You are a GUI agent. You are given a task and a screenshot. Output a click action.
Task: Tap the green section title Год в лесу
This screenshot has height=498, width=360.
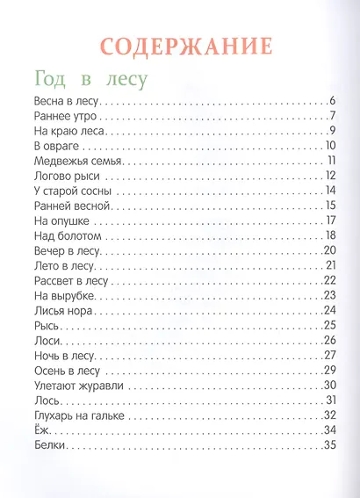[x=88, y=78]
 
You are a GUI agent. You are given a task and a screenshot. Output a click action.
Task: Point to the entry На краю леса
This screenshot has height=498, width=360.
[x=61, y=131]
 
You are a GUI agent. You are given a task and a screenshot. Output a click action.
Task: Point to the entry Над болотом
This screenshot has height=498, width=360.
[x=67, y=235]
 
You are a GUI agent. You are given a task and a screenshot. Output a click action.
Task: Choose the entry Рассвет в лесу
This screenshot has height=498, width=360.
[x=68, y=280]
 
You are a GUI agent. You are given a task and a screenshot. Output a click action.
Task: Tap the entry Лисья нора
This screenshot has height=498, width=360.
[x=61, y=310]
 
